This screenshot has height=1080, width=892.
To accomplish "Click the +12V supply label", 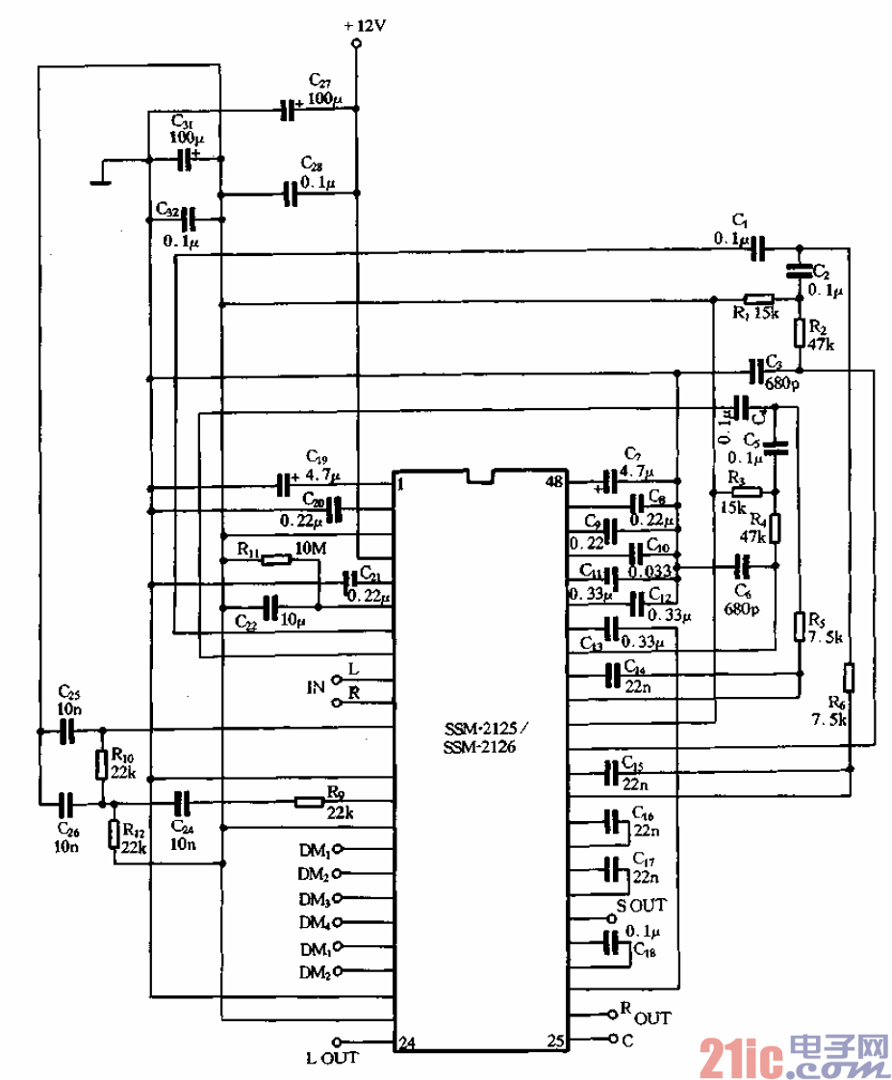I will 364,26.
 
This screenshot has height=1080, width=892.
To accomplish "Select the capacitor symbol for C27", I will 287,111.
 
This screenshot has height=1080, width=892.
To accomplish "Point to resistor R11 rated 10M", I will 276,559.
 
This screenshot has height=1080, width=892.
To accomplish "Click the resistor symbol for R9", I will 309,801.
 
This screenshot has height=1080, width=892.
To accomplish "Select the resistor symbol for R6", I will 849,678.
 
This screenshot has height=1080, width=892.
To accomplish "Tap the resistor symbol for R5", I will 799,627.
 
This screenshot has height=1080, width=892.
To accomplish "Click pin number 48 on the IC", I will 554,481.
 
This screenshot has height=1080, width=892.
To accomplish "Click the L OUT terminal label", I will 332,1058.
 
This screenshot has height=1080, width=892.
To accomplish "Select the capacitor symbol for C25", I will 66,732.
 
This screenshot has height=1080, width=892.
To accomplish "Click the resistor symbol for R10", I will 101,765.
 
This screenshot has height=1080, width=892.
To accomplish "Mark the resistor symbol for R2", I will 799,333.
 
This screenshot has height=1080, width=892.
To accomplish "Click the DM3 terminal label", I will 315,899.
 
